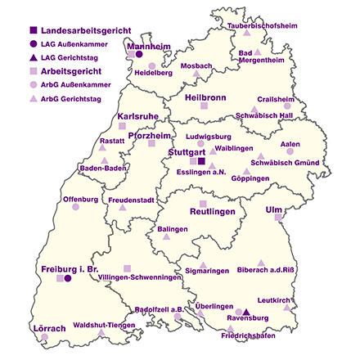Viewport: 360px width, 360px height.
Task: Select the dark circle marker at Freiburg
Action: point(68,279)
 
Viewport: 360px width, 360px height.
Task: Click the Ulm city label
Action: point(273,209)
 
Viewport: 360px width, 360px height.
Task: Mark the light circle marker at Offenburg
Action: point(75,207)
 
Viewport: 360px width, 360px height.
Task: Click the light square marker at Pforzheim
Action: point(151,144)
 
